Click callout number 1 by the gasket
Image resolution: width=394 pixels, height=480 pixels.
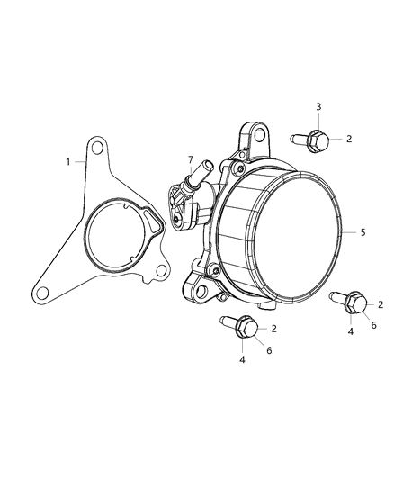point(66,161)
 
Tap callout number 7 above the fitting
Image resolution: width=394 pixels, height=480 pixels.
point(190,160)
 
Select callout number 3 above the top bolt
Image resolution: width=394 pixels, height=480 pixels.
point(318,107)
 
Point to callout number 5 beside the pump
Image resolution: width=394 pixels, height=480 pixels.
point(362,232)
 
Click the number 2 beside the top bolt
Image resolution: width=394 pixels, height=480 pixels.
point(348,139)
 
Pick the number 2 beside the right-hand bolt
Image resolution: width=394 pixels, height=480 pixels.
point(381,305)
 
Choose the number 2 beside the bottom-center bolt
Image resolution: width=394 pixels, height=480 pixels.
point(273,329)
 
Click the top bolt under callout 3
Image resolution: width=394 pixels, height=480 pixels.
point(310,139)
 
